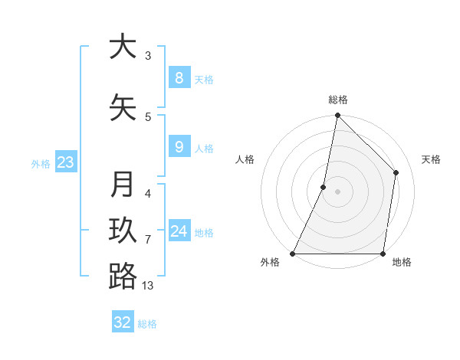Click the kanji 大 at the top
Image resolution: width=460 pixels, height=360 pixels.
click(x=123, y=47)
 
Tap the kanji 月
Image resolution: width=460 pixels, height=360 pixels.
click(x=123, y=185)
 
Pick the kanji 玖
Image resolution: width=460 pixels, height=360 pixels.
click(x=123, y=230)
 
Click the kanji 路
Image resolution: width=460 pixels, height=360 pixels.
click(x=123, y=276)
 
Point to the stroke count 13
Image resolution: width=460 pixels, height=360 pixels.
click(x=148, y=286)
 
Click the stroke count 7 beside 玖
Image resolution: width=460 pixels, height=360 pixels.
click(x=148, y=240)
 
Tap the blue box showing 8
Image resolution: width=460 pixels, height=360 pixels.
click(x=179, y=77)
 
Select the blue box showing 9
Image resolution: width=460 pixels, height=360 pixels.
click(x=179, y=147)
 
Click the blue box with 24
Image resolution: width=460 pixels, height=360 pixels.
click(x=179, y=231)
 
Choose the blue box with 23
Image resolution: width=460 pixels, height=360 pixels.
click(x=65, y=162)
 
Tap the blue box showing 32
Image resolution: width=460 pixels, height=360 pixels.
click(x=123, y=322)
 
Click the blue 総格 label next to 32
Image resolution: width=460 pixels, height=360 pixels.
click(x=147, y=324)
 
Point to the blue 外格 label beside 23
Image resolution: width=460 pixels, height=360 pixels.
click(x=41, y=163)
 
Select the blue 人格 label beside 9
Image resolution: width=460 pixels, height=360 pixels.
click(x=204, y=149)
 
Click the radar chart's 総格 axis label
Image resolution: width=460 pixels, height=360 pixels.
click(x=338, y=100)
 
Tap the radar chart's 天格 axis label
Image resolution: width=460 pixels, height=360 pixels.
click(x=432, y=159)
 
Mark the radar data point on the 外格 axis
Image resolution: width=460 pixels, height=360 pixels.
click(x=293, y=254)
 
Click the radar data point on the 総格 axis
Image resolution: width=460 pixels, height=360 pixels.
click(x=337, y=116)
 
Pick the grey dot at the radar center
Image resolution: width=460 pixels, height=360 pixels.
click(x=337, y=192)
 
